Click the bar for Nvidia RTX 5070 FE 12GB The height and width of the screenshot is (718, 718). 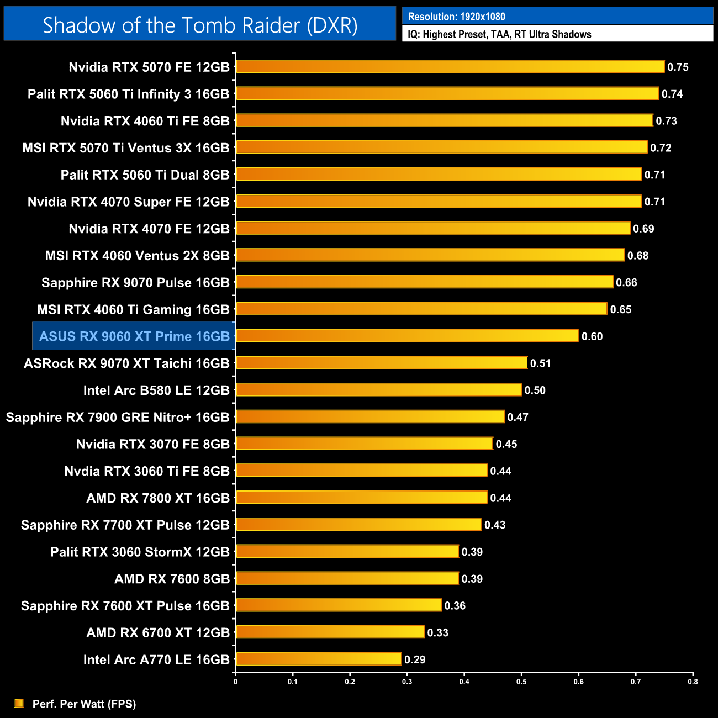[450, 67]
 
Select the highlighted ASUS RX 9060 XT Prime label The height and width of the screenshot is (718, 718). [134, 336]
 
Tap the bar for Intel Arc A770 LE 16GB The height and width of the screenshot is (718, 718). [319, 659]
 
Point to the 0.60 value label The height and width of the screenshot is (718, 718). [592, 336]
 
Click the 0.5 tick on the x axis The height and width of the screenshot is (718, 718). [521, 682]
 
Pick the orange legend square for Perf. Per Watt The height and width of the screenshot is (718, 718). [19, 703]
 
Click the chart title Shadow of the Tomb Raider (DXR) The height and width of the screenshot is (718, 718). [200, 25]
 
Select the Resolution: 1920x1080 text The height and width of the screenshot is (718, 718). [456, 17]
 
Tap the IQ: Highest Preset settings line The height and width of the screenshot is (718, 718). [499, 34]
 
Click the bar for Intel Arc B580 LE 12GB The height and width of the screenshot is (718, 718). [379, 390]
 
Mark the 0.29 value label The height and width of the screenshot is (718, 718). [415, 659]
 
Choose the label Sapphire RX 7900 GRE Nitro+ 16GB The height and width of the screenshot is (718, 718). [118, 418]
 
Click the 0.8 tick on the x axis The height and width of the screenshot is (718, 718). [693, 682]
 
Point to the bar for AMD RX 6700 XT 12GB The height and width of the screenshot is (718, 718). [330, 632]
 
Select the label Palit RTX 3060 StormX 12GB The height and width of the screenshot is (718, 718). [140, 552]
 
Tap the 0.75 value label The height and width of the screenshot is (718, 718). [678, 67]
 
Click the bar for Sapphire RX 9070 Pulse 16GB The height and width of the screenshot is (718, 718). [424, 282]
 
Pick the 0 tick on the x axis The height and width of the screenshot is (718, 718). [236, 682]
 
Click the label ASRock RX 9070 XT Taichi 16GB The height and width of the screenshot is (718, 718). [126, 363]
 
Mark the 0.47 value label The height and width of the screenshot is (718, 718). [518, 418]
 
